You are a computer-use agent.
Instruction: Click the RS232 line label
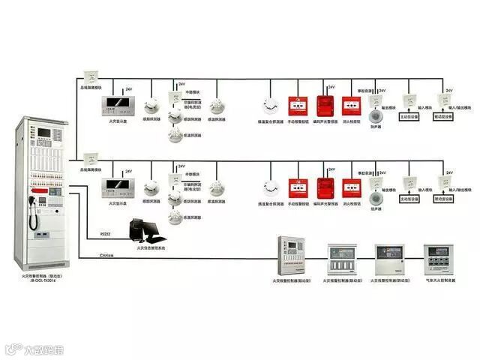click(105, 234)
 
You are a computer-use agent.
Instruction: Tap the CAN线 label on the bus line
click(106, 255)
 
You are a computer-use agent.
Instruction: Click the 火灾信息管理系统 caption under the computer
click(151, 247)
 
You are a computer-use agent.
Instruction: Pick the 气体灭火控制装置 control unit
click(439, 257)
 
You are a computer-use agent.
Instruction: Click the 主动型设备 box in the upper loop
click(409, 117)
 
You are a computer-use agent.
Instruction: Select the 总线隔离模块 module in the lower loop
click(91, 159)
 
